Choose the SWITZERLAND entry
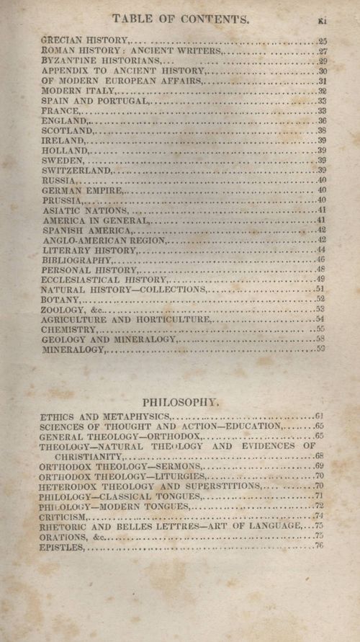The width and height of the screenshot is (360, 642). pyautogui.click(x=76, y=170)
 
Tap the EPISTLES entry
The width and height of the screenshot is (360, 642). pyautogui.click(x=62, y=547)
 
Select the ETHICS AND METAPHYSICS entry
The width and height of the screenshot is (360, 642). pyautogui.click(x=105, y=416)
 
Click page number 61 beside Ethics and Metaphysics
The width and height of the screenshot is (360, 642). pyautogui.click(x=320, y=416)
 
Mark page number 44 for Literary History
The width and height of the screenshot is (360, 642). pyautogui.click(x=321, y=249)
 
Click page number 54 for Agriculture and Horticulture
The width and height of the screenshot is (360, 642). pyautogui.click(x=320, y=318)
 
